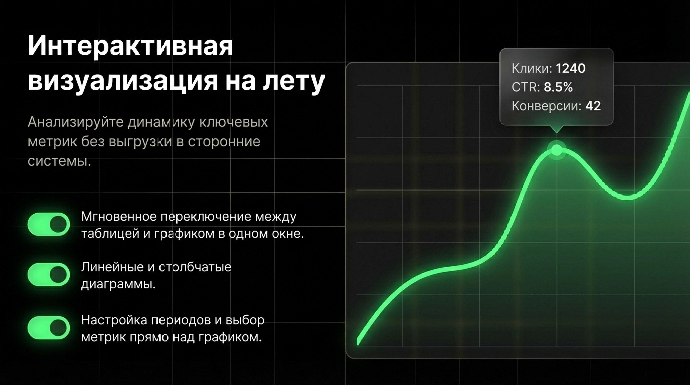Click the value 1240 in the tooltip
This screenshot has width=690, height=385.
coord(571,69)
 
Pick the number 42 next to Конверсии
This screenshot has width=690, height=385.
coord(593,106)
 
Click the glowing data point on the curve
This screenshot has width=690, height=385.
coord(556,150)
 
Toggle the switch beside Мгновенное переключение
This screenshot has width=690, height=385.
coord(49,224)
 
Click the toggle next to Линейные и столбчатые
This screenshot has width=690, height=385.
coord(49,274)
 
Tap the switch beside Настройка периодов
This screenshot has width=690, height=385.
coord(49,328)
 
